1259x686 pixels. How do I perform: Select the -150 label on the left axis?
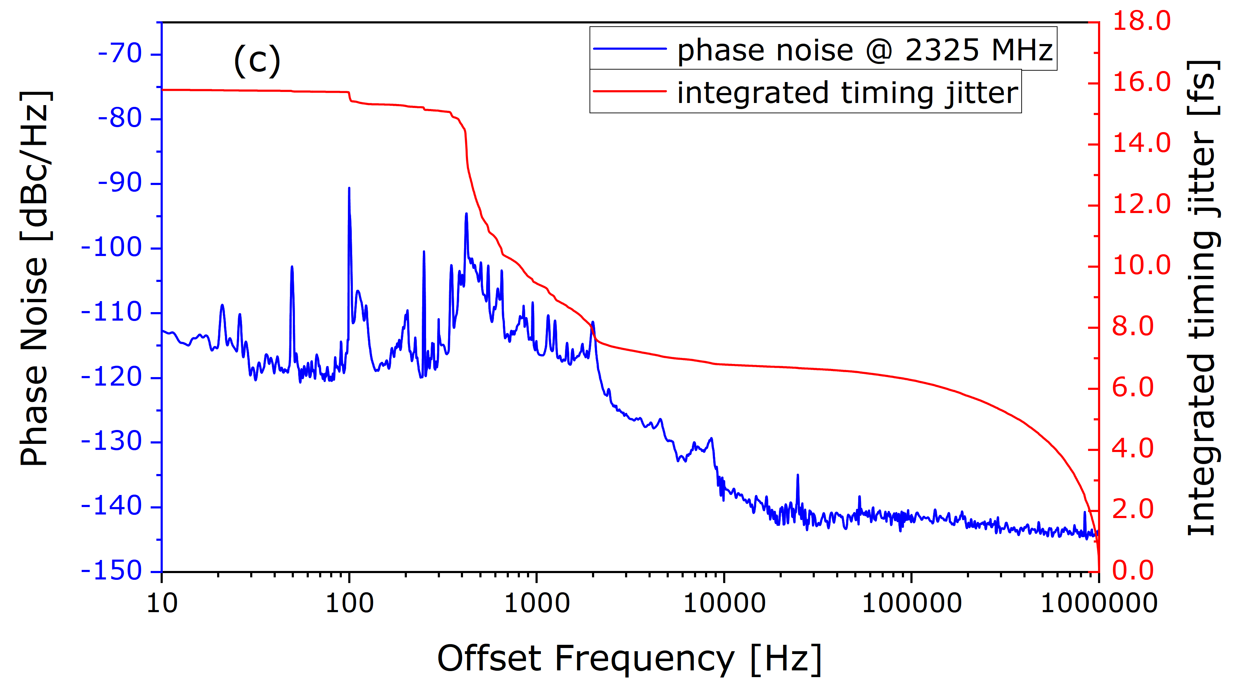coord(112,571)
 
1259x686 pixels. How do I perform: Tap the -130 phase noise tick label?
coord(112,441)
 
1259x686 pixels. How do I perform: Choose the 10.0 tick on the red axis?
coord(1141,266)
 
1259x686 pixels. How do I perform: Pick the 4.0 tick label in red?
coord(1133,449)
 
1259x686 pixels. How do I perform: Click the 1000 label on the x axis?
coord(537,604)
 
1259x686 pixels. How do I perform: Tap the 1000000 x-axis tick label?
coord(1099,604)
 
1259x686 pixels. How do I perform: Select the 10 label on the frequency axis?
coord(162,604)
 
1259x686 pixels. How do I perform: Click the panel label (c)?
coord(257,61)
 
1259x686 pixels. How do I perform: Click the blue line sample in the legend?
coord(630,48)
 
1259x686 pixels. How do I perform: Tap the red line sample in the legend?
coord(630,91)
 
